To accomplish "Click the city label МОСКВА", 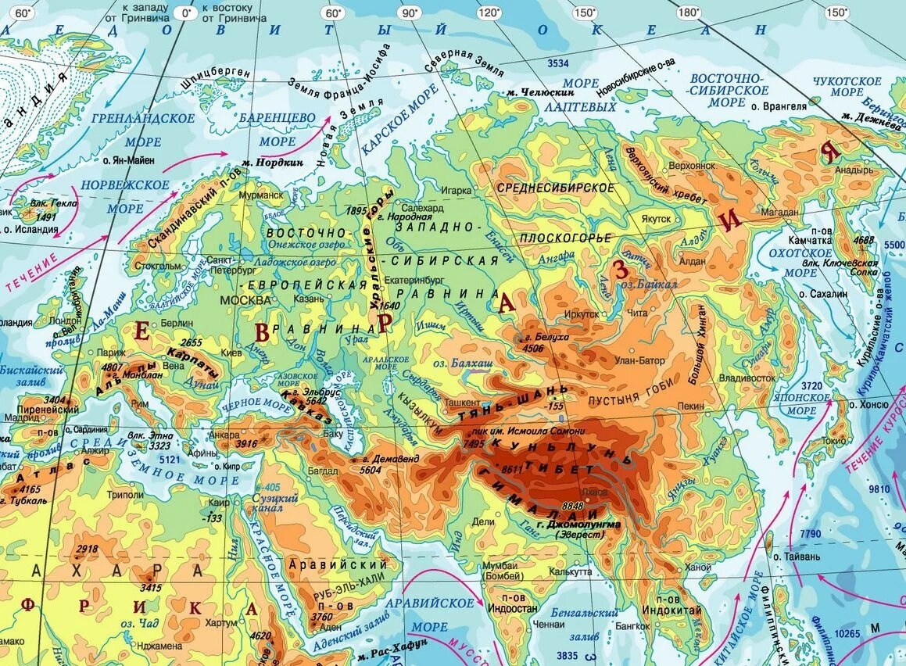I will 246,300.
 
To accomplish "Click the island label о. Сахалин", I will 823,294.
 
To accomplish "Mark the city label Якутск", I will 656,220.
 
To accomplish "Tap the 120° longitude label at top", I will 489,13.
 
